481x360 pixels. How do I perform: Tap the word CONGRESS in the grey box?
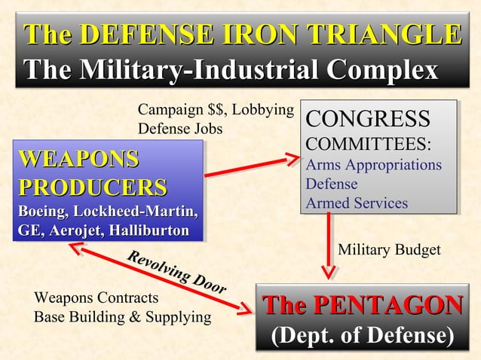(x=367, y=119)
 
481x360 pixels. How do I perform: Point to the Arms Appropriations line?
(x=373, y=164)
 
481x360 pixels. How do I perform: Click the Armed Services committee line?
(x=356, y=203)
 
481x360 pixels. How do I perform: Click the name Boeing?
(x=49, y=209)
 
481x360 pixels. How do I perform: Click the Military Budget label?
(x=388, y=250)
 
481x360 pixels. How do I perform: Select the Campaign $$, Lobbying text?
(x=215, y=111)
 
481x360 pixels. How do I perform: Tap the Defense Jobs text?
(x=180, y=129)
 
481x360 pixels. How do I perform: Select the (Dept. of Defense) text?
(x=363, y=334)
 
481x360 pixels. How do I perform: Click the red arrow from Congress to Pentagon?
(x=329, y=245)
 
